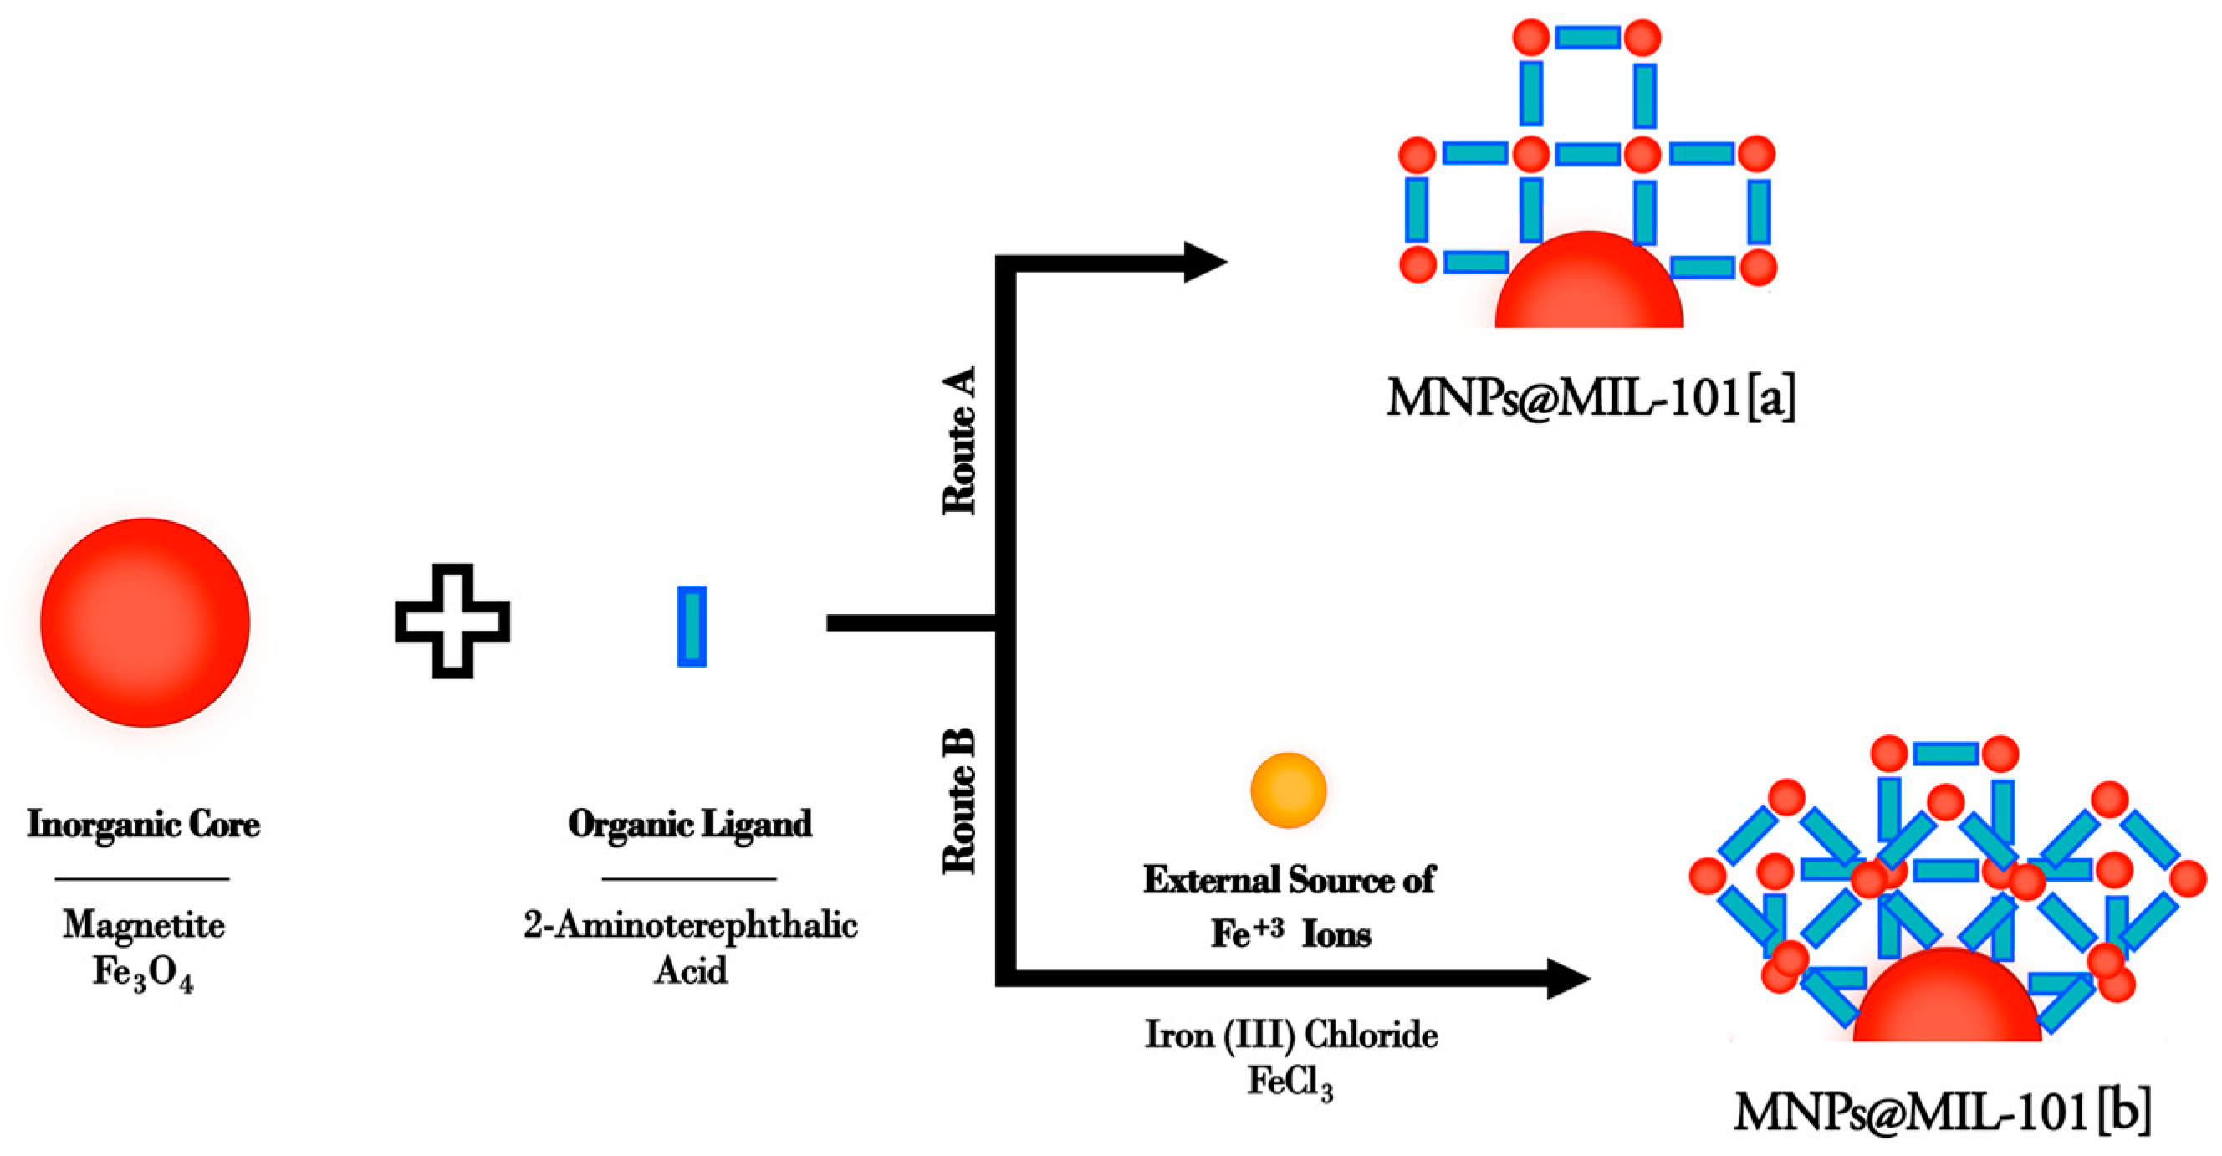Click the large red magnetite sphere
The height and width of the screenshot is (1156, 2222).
pos(145,622)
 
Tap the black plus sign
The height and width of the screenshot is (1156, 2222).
pos(452,621)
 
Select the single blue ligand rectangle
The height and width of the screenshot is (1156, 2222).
pos(692,627)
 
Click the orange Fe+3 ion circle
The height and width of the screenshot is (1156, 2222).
pos(1288,790)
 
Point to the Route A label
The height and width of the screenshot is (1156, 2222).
pos(959,441)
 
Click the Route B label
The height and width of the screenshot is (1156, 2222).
pos(959,801)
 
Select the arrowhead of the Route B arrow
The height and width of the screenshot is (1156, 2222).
pos(1567,979)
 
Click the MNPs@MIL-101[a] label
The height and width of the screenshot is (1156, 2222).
pos(1590,398)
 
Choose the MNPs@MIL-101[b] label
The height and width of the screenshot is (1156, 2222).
pos(1941,1111)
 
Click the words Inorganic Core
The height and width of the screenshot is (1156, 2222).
pos(144,825)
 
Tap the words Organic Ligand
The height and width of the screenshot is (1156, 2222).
pos(690,825)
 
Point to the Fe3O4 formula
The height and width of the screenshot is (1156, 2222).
pos(143,973)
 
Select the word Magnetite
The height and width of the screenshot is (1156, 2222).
pos(144,926)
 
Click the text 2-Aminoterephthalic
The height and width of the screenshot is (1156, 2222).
pos(690,926)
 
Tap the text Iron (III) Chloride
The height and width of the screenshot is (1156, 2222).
pos(1291,1035)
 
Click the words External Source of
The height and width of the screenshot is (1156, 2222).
pos(1290,880)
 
